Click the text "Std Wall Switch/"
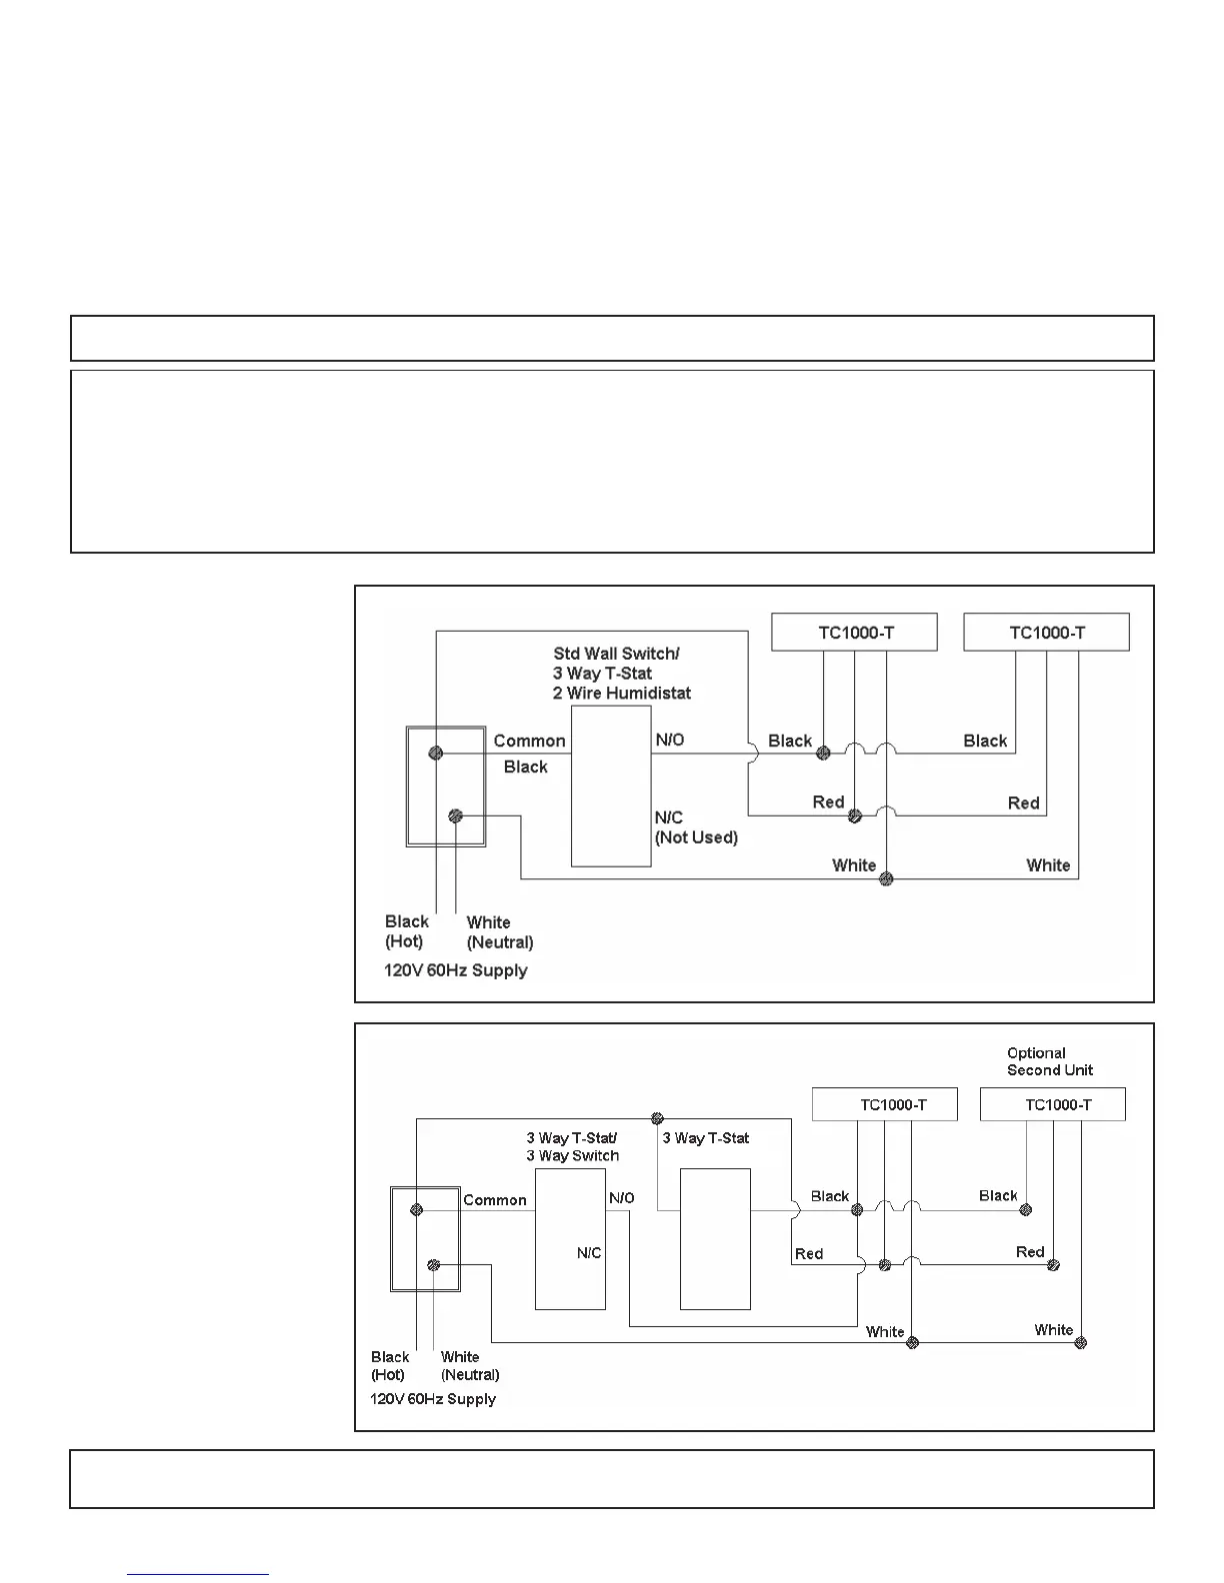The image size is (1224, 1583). [616, 654]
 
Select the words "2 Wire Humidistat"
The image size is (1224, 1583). [621, 693]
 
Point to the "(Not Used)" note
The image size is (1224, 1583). [696, 837]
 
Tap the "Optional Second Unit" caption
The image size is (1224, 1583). [1049, 1061]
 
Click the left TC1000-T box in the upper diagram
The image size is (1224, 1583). [854, 633]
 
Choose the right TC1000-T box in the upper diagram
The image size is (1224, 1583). [1046, 633]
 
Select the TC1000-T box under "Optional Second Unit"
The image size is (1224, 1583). [1052, 1104]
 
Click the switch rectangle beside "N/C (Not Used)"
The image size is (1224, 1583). [611, 787]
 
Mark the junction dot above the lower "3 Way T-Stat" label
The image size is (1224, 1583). [657, 1118]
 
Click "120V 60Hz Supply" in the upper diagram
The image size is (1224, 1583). [455, 970]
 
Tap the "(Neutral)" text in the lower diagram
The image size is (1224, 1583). [470, 1374]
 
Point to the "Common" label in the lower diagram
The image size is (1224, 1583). [494, 1200]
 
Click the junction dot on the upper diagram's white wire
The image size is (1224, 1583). [886, 879]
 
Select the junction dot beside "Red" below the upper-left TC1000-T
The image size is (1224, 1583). [854, 816]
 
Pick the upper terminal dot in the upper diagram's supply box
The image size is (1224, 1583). [436, 753]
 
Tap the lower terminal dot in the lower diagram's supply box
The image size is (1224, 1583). [433, 1265]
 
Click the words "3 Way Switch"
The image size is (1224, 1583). [573, 1156]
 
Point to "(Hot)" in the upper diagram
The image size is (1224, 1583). [404, 941]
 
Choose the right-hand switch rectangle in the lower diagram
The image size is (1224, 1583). [715, 1239]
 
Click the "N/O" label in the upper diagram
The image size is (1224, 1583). [669, 740]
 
